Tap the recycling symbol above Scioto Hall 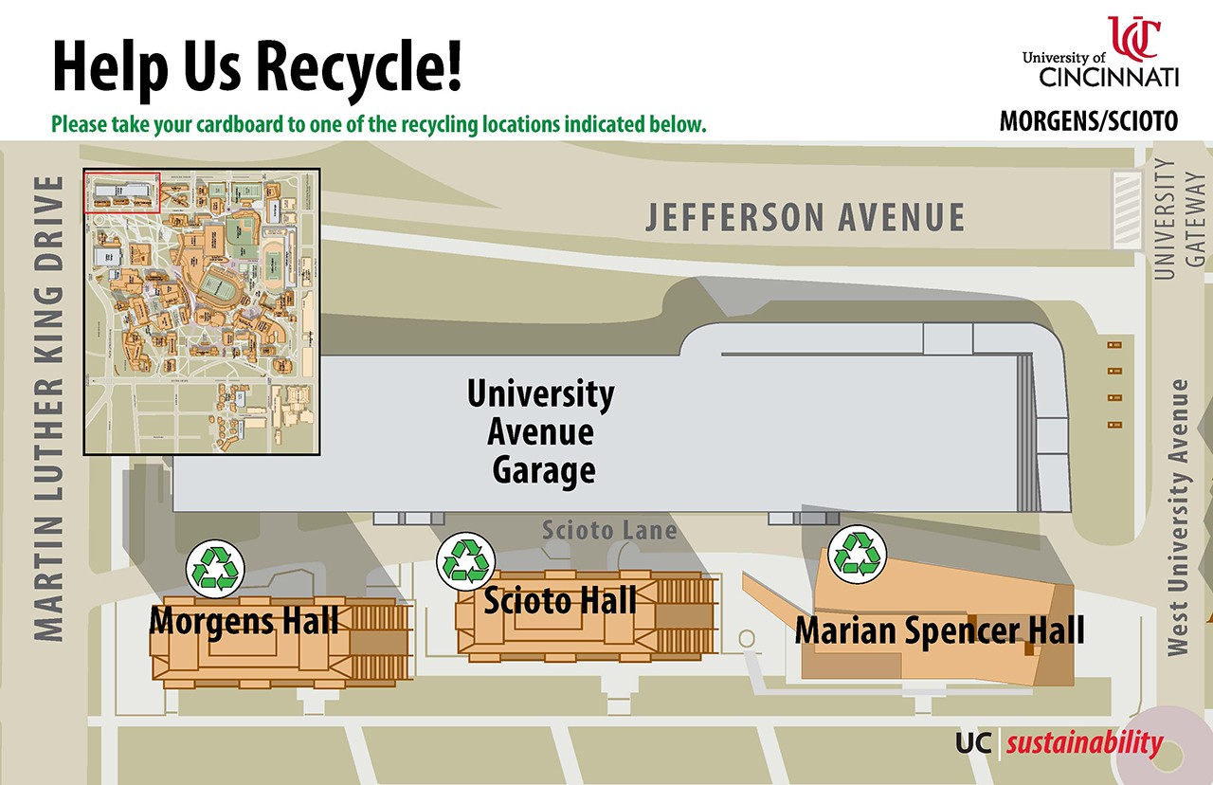click(x=466, y=559)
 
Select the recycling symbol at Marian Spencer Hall click(x=858, y=554)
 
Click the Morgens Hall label click(x=244, y=622)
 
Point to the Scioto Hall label click(x=560, y=600)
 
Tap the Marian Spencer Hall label click(x=939, y=630)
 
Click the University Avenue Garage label click(x=541, y=432)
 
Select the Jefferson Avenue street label click(x=805, y=217)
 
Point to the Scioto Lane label click(x=608, y=529)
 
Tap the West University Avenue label click(x=1179, y=517)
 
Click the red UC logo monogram click(x=1134, y=37)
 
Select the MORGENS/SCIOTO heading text click(x=1089, y=122)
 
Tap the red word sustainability click(x=1084, y=743)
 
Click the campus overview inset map click(x=202, y=311)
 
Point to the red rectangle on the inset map click(x=123, y=192)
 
